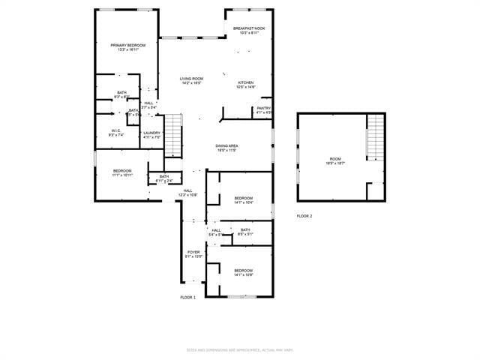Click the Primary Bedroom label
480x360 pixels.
click(127, 47)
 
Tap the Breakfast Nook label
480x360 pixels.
click(248, 31)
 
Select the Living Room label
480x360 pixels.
click(191, 80)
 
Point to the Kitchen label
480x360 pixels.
click(246, 85)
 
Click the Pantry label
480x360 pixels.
click(263, 110)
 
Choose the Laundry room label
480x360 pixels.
click(151, 135)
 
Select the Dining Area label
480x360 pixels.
click(226, 148)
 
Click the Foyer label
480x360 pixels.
click(193, 254)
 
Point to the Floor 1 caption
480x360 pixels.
click(187, 298)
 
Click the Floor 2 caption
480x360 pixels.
click(304, 216)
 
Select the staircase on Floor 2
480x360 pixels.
click(375, 137)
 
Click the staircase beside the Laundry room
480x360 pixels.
click(173, 134)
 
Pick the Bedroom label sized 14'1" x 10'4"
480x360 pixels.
click(243, 199)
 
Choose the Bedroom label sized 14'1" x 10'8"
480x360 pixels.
click(243, 271)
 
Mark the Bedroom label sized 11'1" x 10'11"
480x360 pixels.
click(122, 172)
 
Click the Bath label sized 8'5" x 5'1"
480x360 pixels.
click(245, 232)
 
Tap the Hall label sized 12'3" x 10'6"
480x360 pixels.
click(187, 193)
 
